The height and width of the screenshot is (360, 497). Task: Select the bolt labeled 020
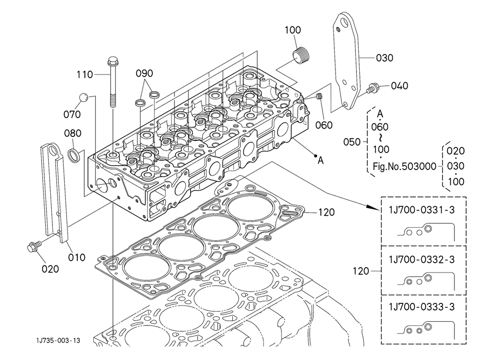[x=32, y=247]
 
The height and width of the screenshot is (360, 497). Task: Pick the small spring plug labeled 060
[x=319, y=97]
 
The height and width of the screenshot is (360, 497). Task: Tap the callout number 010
[x=77, y=257]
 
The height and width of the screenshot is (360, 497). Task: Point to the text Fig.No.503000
[x=404, y=166]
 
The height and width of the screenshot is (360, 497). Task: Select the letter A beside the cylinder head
[x=320, y=160]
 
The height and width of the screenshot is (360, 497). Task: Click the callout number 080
[x=73, y=133]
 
